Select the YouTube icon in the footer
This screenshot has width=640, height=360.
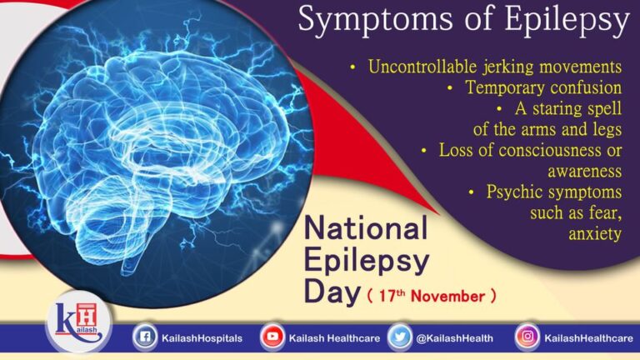(271, 337)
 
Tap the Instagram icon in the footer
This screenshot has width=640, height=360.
(527, 337)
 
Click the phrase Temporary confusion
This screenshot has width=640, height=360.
(543, 87)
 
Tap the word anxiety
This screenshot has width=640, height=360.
(595, 233)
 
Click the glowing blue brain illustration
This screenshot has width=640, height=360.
(158, 150)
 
